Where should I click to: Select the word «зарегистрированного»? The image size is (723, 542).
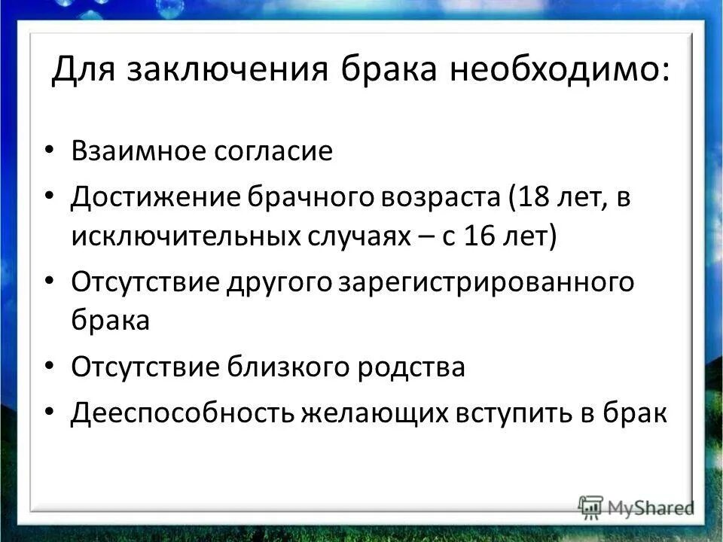[487, 283]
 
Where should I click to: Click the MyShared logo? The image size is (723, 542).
[636, 507]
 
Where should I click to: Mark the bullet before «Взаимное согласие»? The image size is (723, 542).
[50, 151]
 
